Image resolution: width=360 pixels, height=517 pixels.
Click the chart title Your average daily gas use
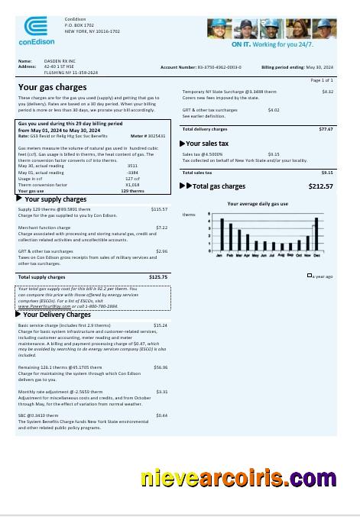pyautogui.click(x=258, y=204)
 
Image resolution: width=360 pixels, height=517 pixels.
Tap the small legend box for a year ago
pyautogui.click(x=310, y=275)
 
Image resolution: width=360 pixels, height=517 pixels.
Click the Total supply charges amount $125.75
pyautogui.click(x=158, y=276)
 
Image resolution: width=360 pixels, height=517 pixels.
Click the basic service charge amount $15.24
pyautogui.click(x=161, y=325)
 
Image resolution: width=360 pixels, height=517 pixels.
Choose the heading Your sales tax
pyautogui.click(x=207, y=144)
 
